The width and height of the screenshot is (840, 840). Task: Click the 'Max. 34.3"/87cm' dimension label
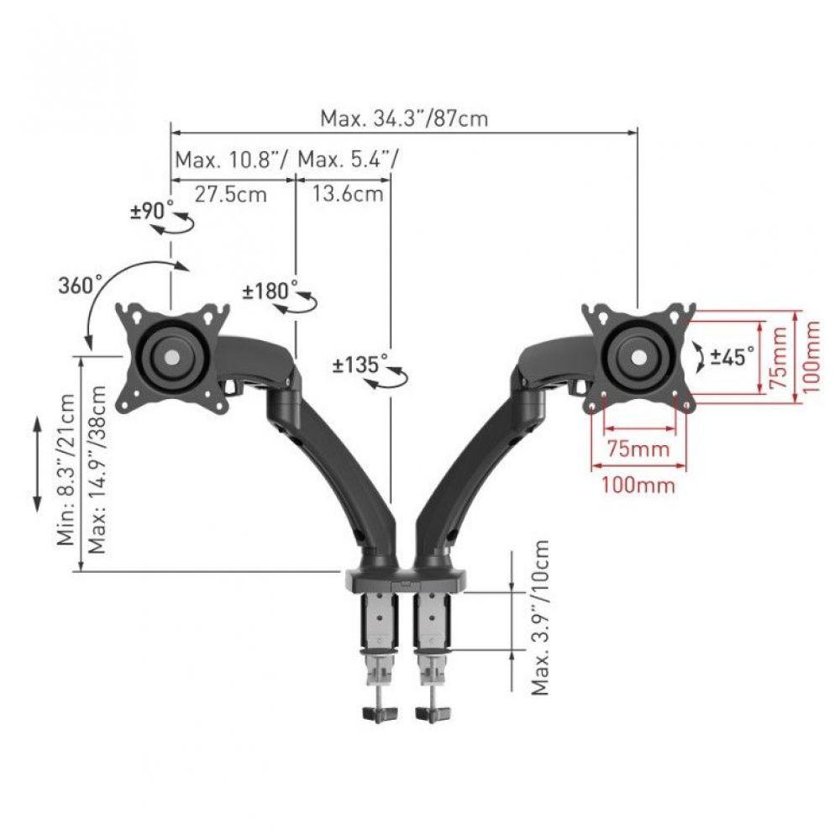tap(403, 118)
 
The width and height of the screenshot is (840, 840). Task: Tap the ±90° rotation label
tap(152, 210)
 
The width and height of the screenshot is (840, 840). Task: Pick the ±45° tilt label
tap(732, 356)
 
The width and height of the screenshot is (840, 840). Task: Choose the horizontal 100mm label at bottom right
tap(638, 485)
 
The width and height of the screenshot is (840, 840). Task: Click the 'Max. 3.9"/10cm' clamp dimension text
tap(541, 617)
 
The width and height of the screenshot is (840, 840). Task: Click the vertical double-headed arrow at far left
tap(38, 464)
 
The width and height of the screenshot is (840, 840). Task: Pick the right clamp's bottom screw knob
tap(434, 713)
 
